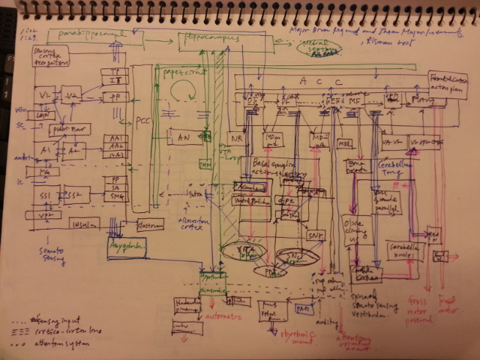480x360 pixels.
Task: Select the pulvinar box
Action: click(70, 129)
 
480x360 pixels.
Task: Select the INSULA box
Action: click(83, 223)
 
